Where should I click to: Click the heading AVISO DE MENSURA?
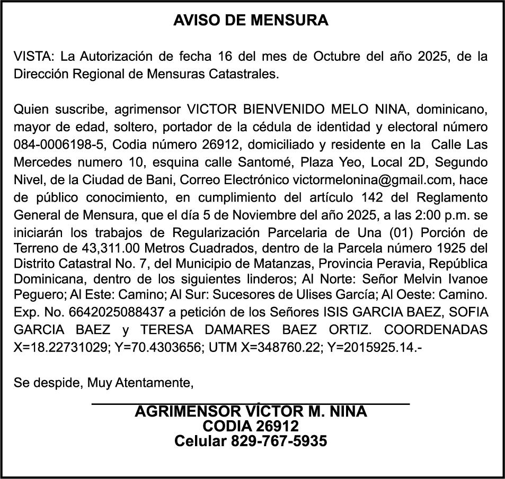click(251, 21)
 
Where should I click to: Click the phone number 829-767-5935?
click(279, 441)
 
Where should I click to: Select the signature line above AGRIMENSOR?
click(251, 404)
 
